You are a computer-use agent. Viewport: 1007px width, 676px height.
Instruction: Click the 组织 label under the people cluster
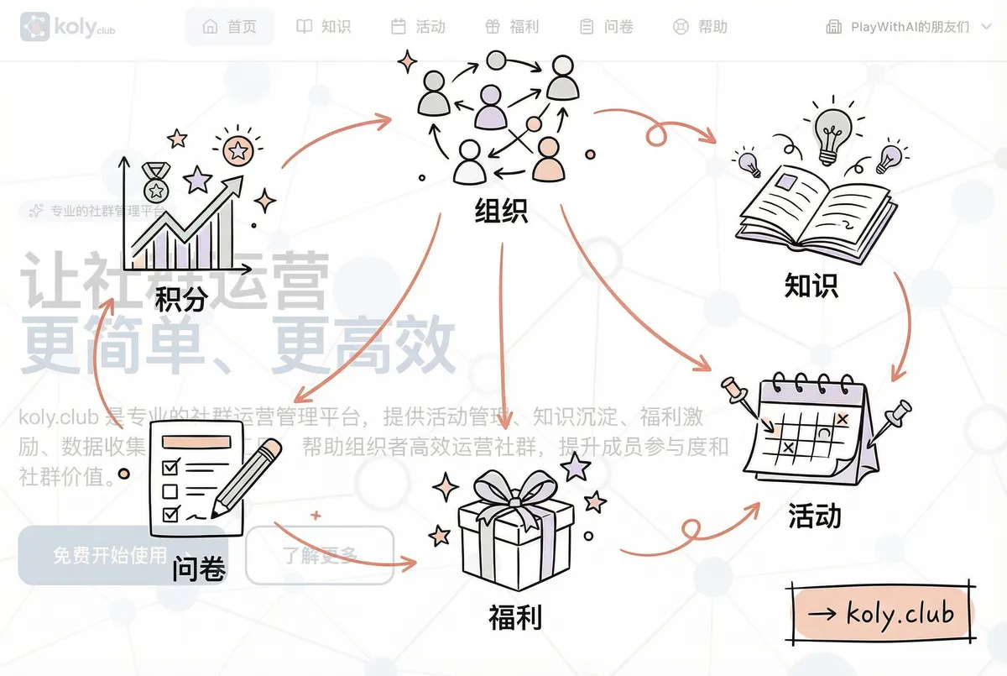[501, 210]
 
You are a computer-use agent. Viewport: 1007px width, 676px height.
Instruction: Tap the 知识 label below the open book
[811, 286]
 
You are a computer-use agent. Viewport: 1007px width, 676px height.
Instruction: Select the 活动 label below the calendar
[814, 515]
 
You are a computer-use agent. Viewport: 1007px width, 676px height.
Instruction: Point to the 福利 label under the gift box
[514, 617]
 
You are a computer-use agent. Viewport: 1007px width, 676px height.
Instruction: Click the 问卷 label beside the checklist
[199, 569]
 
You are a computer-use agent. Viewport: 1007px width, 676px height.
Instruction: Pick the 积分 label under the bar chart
[180, 297]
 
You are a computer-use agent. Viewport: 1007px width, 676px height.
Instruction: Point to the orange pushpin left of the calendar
[736, 391]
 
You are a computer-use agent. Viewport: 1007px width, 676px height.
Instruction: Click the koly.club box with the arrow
[882, 612]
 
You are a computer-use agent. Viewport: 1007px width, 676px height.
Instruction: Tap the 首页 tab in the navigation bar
[230, 27]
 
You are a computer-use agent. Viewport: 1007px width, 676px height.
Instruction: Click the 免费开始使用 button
[109, 555]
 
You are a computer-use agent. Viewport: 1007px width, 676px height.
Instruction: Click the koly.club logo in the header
[67, 27]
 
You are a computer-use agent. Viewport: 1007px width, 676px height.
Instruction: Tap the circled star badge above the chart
[237, 151]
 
